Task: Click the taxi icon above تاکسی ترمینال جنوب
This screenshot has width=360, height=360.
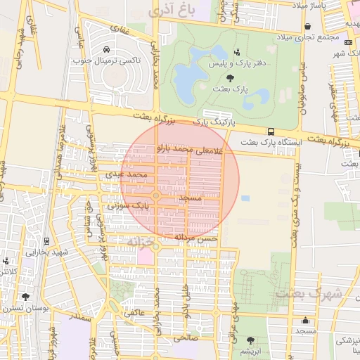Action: coord(105,50)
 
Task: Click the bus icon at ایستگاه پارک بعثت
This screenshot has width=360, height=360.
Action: coord(271,131)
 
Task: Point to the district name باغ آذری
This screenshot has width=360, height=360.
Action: coord(171,10)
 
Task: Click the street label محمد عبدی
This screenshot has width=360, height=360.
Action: coord(127,172)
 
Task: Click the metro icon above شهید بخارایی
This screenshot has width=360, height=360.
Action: coord(47,240)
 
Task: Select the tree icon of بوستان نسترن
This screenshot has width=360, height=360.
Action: coord(25,297)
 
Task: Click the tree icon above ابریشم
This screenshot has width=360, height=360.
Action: coord(250,340)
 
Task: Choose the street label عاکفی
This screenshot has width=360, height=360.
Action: coord(134,311)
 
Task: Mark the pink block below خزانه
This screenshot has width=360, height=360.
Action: coord(145,257)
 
